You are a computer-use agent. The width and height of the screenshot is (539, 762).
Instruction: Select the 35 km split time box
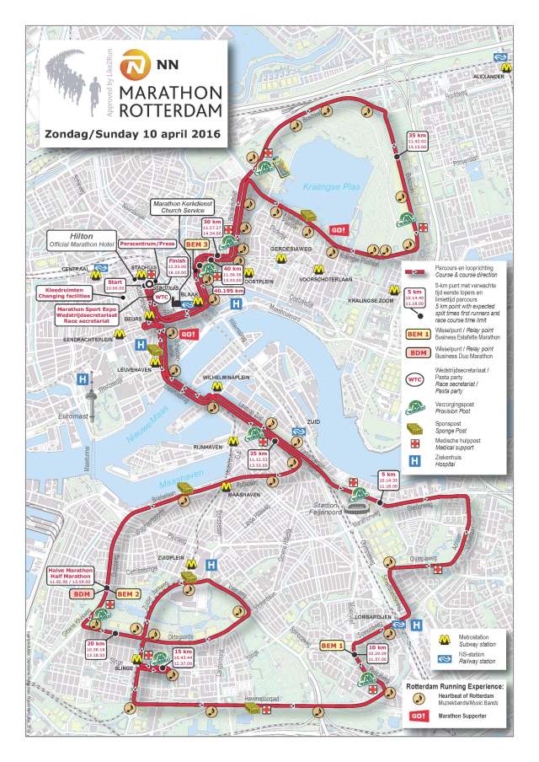[418, 141]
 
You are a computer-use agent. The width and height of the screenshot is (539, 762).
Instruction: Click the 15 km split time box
[183, 656]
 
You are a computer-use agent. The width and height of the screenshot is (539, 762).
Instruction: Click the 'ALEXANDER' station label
[489, 76]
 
